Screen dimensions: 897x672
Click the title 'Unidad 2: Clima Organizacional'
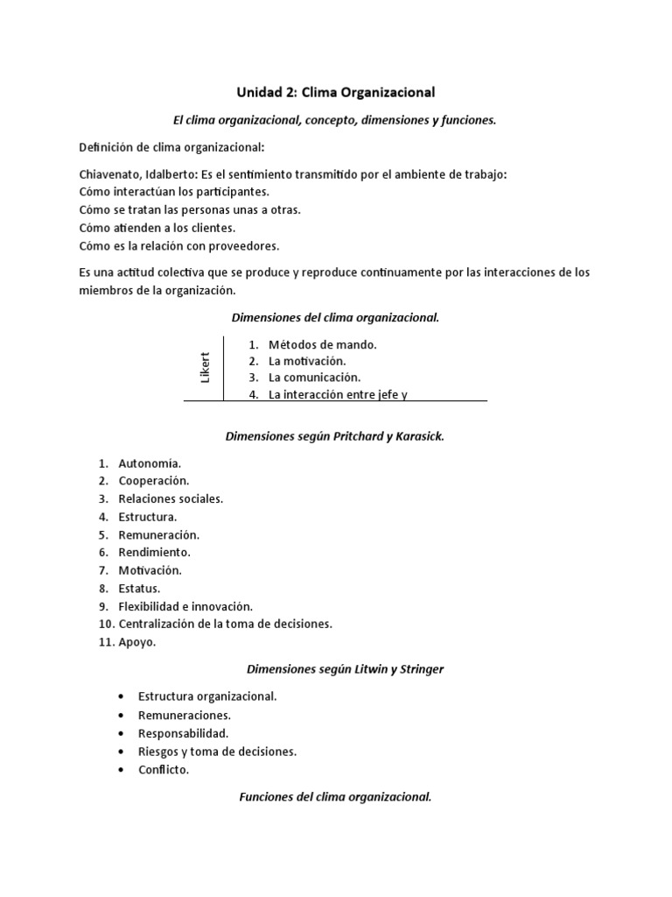coord(336,91)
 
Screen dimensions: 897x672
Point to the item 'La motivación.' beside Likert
coord(307,361)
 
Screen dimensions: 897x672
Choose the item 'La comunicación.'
coord(314,378)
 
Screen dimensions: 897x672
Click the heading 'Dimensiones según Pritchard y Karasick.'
coord(335,435)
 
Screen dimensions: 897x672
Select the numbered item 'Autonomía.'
coord(150,463)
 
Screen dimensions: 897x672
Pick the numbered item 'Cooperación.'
coord(154,481)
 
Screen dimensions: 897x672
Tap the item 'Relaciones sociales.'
coord(171,498)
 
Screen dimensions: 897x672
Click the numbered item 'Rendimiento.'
coord(154,553)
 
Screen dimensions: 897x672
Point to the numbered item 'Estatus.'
coord(139,589)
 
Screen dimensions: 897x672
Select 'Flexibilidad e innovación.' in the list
coord(185,606)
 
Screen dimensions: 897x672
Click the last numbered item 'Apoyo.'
coord(136,642)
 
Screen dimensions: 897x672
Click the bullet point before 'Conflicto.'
coord(119,770)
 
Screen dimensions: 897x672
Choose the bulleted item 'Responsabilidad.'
coord(183,733)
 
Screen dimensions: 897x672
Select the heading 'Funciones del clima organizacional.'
coord(335,797)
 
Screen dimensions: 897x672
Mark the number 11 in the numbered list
coord(105,642)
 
